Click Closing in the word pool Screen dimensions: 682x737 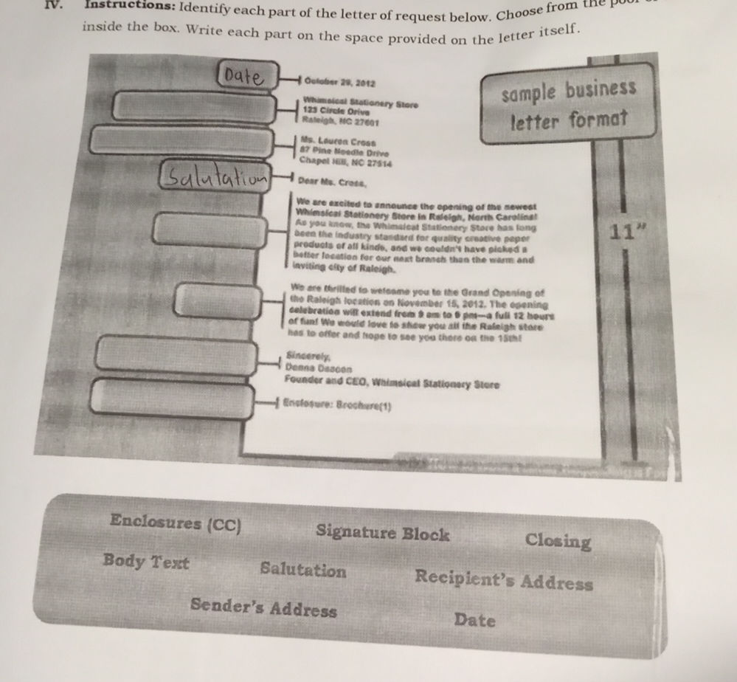tap(558, 541)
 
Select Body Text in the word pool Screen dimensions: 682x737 tap(146, 562)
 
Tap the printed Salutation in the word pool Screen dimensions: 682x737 tap(302, 571)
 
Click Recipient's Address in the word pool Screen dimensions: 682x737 tap(503, 579)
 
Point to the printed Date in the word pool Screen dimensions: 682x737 tap(474, 619)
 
